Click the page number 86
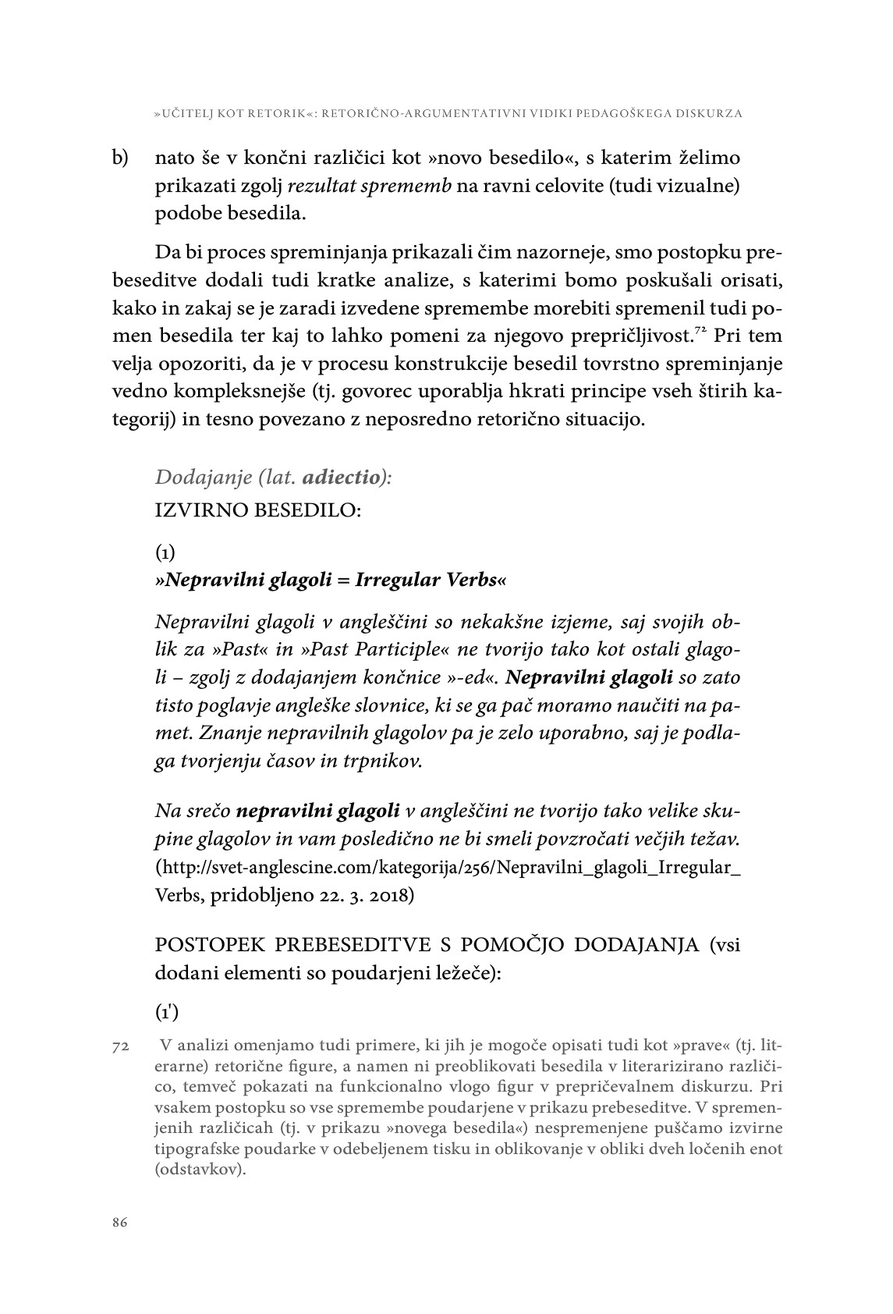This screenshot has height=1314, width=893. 119,1222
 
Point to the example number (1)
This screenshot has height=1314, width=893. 165,553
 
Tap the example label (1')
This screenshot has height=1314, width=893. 167,1012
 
